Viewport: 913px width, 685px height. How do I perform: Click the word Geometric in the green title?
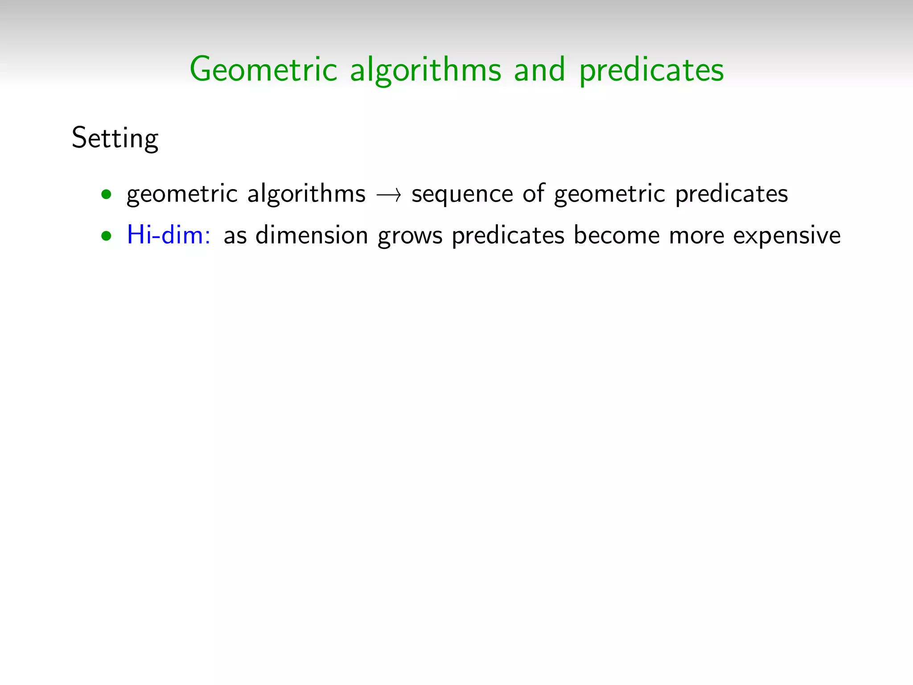tap(263, 70)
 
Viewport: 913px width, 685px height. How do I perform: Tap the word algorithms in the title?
tap(425, 70)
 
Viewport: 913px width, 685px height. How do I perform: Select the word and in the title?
tap(539, 70)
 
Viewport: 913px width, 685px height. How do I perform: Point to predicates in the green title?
tap(651, 70)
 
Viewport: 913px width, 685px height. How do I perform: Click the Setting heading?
tap(115, 138)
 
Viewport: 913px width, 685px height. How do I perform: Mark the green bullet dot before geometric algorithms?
tap(106, 194)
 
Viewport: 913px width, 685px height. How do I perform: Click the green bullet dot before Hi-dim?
tap(106, 236)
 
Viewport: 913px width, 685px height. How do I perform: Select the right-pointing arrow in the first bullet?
tap(389, 195)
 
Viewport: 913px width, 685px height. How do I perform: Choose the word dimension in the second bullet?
tap(312, 235)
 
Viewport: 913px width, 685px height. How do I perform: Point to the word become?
tap(617, 235)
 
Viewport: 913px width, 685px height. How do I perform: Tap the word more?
tap(697, 236)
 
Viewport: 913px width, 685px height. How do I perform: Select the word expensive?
tap(787, 236)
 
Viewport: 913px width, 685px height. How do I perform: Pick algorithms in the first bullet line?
tap(306, 194)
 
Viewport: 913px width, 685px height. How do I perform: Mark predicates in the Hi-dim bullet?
tap(508, 235)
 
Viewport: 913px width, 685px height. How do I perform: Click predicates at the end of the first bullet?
tap(732, 194)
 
